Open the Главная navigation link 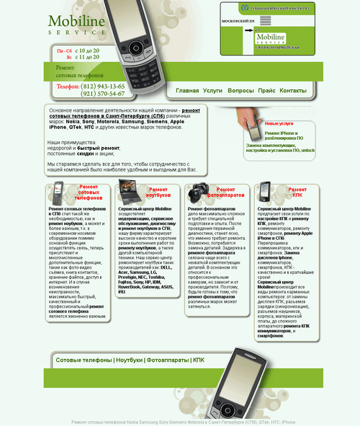[x=187, y=91]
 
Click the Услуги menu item [x=212, y=91]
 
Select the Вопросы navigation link [x=240, y=91]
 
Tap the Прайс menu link [x=266, y=91]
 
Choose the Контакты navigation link [x=293, y=91]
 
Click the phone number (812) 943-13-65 [x=102, y=86]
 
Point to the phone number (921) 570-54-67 [x=102, y=94]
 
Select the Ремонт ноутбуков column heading [x=160, y=192]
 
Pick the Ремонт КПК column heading [x=297, y=192]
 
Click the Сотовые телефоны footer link [x=84, y=359]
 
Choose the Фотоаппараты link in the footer [x=168, y=359]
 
